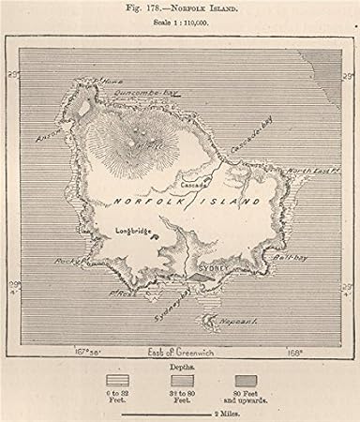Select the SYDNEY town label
(x=215, y=266)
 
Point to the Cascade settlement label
(x=195, y=185)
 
